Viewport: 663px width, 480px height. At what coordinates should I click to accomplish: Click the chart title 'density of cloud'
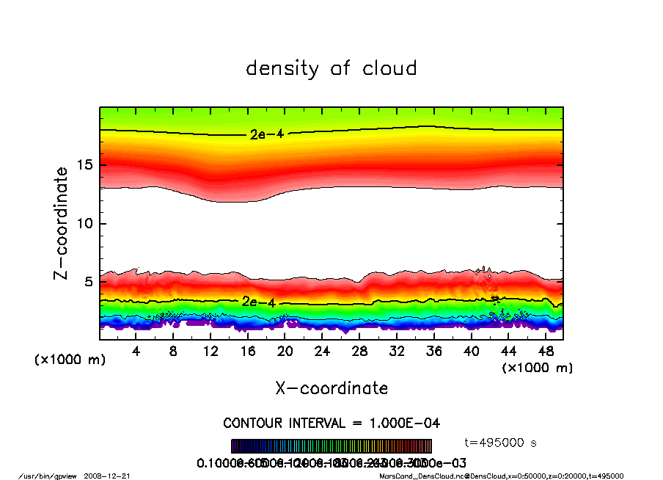click(x=331, y=69)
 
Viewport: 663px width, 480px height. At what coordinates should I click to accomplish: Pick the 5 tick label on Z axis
click(x=89, y=282)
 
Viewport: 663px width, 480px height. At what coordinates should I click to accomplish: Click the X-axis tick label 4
click(x=136, y=352)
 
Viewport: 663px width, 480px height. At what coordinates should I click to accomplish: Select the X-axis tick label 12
click(x=210, y=352)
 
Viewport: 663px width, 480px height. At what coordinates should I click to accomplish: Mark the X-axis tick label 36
click(x=433, y=352)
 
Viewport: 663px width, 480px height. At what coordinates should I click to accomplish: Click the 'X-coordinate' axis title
click(x=331, y=388)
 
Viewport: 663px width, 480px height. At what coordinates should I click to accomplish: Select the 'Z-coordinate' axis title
click(x=62, y=222)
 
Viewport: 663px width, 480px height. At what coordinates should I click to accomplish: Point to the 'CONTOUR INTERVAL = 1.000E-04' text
click(x=331, y=423)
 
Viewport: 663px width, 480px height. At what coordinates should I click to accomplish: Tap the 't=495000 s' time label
click(x=502, y=443)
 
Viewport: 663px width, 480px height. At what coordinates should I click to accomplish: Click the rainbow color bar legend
click(x=331, y=446)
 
